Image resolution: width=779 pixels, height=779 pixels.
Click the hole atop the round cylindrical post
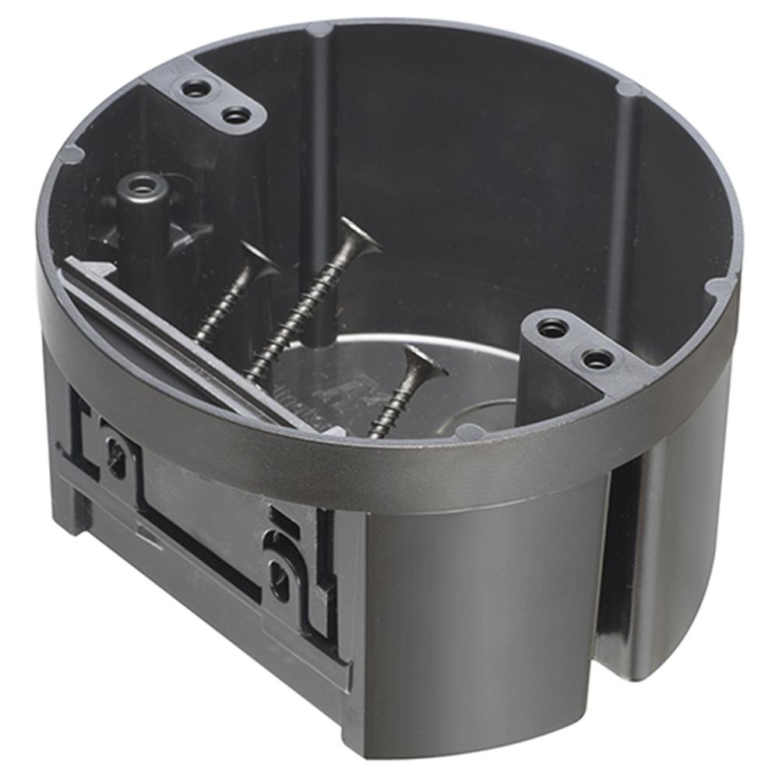[x=142, y=186]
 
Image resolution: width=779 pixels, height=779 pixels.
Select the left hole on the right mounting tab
[x=552, y=328]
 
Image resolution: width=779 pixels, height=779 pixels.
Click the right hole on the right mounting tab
[x=597, y=359]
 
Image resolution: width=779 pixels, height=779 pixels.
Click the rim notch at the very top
[x=319, y=30]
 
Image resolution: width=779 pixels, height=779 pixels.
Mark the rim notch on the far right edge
[x=717, y=287]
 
